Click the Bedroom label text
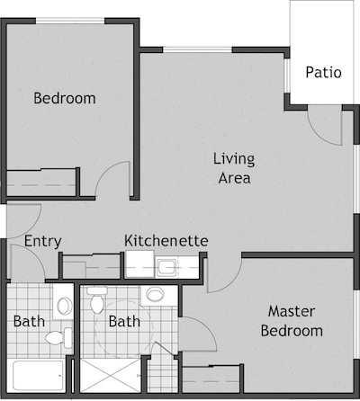[x=65, y=98]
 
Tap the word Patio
[x=323, y=73]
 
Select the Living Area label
[x=234, y=168]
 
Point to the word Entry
[x=42, y=242]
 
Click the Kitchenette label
[x=166, y=241]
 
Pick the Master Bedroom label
[x=292, y=321]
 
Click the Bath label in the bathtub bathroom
[x=29, y=322]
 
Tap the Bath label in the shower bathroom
[x=124, y=322]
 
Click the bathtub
[x=38, y=375]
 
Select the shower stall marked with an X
[x=110, y=375]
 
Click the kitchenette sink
[x=166, y=267]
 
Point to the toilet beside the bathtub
[x=58, y=338]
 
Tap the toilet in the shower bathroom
[x=96, y=299]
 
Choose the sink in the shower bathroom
[x=155, y=295]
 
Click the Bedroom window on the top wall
[x=70, y=21]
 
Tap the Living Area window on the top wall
[x=197, y=49]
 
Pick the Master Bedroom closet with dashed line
[x=211, y=379]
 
